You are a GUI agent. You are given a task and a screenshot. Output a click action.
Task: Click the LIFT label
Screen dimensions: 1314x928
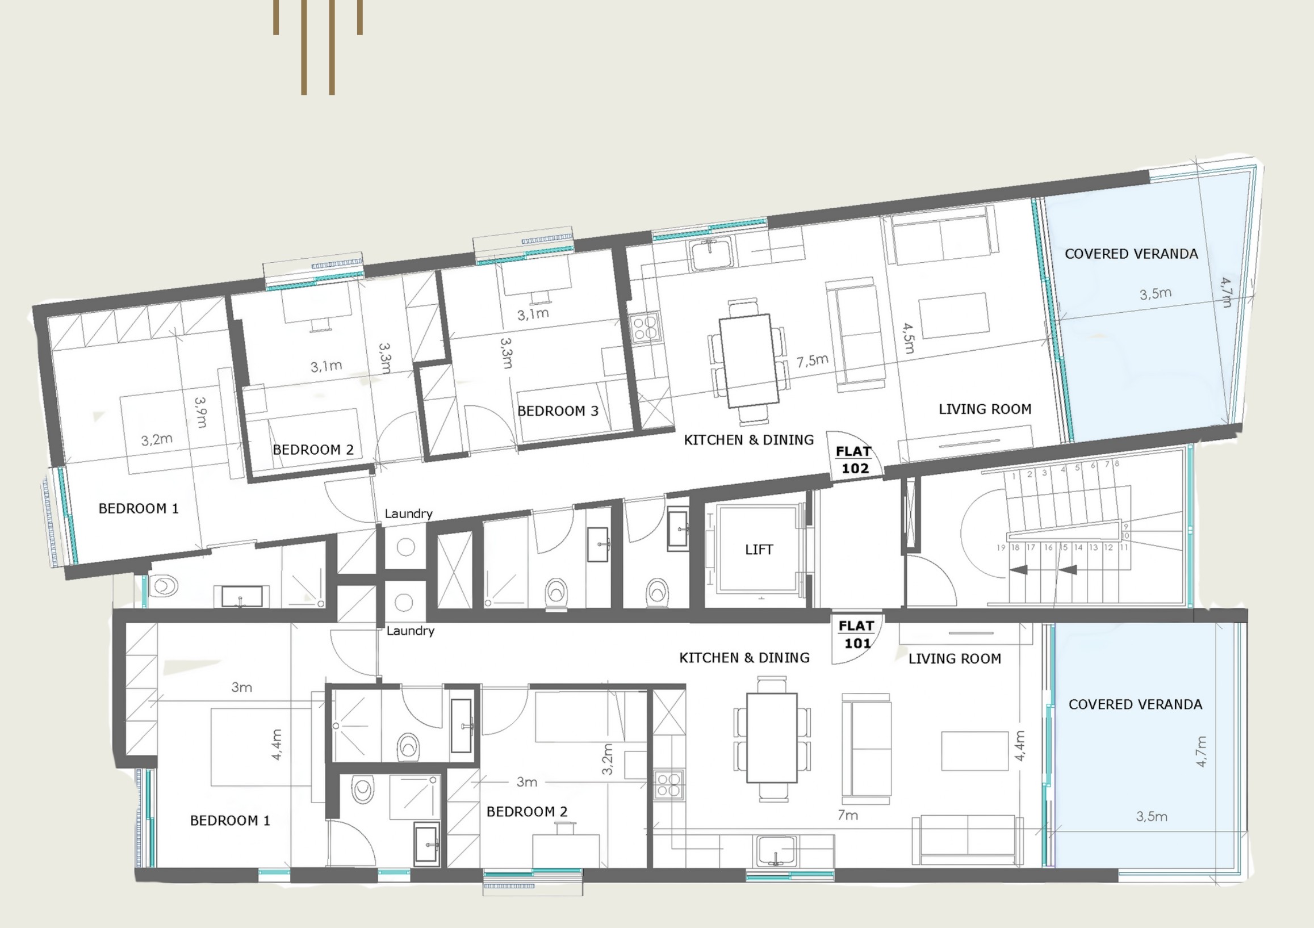pyautogui.click(x=759, y=550)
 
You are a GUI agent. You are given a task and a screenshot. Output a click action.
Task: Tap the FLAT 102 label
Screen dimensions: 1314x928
pyautogui.click(x=854, y=460)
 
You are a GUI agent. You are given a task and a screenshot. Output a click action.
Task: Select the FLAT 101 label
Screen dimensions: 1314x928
pyautogui.click(x=857, y=635)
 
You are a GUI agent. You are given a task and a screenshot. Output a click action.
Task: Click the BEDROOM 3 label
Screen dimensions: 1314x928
pyautogui.click(x=558, y=411)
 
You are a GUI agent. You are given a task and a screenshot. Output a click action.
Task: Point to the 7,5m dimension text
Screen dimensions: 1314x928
pyautogui.click(x=813, y=360)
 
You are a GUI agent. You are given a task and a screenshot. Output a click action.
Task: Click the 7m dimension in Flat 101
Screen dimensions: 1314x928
pyautogui.click(x=848, y=815)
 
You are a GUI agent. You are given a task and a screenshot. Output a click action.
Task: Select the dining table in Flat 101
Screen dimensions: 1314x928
pyautogui.click(x=772, y=738)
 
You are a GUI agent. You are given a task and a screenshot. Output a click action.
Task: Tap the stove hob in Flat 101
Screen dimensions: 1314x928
pyautogui.click(x=668, y=784)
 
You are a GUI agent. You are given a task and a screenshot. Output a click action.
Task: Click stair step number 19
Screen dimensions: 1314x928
pyautogui.click(x=1001, y=548)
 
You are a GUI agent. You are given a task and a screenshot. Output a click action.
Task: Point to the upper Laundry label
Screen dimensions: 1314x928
pyautogui.click(x=409, y=514)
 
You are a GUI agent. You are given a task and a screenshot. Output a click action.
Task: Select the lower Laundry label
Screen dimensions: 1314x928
pyautogui.click(x=411, y=631)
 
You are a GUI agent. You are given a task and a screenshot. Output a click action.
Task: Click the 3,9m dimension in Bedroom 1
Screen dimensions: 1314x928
pyautogui.click(x=200, y=413)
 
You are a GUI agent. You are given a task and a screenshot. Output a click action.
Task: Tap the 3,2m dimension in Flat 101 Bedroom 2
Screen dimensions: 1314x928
pyautogui.click(x=607, y=759)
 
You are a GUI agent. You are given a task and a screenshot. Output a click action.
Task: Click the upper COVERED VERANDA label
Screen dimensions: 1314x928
pyautogui.click(x=1131, y=254)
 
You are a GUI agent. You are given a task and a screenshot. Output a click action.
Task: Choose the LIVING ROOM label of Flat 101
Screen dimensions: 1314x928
pyautogui.click(x=955, y=658)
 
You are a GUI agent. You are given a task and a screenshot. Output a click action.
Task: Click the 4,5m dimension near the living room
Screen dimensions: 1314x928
pyautogui.click(x=908, y=338)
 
